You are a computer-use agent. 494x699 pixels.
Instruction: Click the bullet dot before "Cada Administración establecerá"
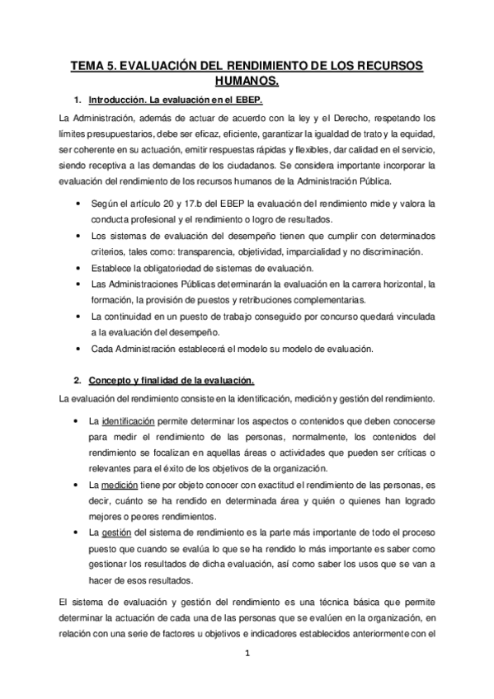click(77, 348)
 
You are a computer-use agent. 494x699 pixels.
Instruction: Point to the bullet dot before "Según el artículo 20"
click(77, 203)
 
